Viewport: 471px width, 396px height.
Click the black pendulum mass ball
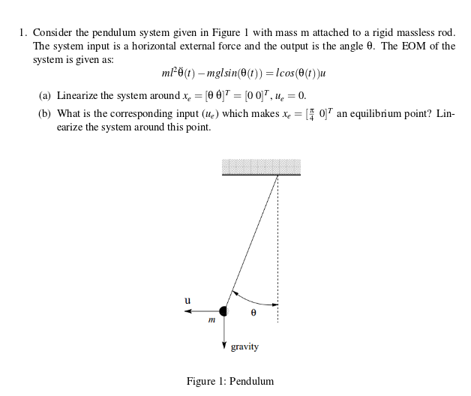[x=223, y=311]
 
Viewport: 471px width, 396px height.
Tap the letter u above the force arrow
[x=187, y=300]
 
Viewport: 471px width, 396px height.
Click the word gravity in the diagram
[x=244, y=346]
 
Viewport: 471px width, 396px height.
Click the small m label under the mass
[x=211, y=320]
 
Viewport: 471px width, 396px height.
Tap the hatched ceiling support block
[x=261, y=166]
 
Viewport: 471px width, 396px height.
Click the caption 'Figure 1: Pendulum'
[x=230, y=381]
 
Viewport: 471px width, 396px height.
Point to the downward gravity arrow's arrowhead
[x=223, y=345]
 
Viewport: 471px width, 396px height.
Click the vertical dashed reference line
[x=278, y=247]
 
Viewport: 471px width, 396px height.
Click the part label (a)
[x=45, y=96]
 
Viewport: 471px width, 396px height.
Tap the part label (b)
[x=45, y=114]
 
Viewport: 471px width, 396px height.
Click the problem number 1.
[x=23, y=33]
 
